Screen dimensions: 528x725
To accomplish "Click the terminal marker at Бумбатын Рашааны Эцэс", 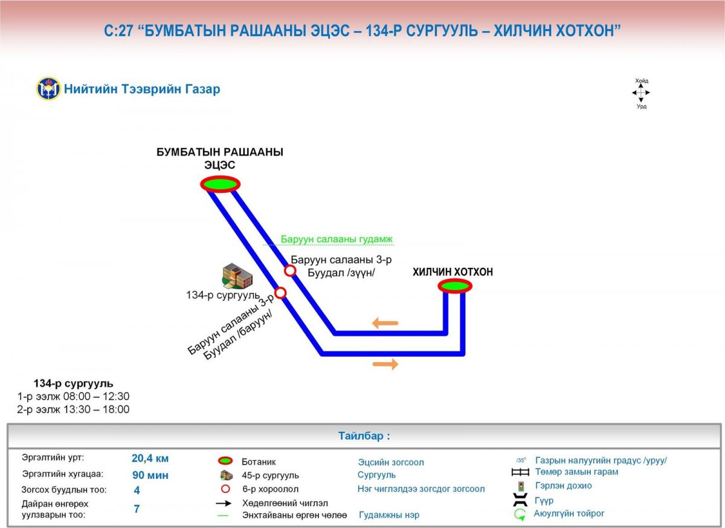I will point(221,184).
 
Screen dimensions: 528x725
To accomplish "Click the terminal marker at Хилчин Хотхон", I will point(455,286).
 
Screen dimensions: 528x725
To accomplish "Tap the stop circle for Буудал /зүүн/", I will point(290,270).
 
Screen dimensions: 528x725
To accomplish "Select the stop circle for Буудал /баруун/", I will point(280,293).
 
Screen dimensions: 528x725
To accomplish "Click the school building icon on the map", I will point(237,276).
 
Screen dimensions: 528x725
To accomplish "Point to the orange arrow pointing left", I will point(385,323).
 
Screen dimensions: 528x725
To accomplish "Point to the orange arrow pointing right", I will point(385,363).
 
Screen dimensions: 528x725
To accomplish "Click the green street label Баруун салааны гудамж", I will point(337,240).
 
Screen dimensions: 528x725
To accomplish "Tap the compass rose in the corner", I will point(641,93).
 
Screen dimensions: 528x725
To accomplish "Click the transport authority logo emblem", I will point(48,89).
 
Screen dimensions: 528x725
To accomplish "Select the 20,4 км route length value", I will point(150,458).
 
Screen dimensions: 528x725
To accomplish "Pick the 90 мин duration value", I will point(150,475).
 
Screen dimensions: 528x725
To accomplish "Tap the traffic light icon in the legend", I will point(520,486).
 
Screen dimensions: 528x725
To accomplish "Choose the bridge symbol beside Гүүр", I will point(520,501).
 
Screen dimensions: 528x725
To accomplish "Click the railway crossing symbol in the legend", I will point(520,472).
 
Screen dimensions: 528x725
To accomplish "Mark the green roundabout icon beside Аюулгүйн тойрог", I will point(520,515).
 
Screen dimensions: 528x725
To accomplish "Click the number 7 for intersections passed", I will point(137,509).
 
